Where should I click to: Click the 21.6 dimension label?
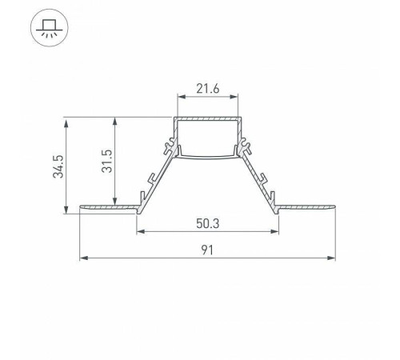[208, 89]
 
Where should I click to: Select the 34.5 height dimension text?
[58, 166]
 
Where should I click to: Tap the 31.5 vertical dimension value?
[107, 161]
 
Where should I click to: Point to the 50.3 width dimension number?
[208, 223]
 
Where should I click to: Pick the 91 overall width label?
[207, 250]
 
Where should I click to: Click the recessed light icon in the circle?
[50, 28]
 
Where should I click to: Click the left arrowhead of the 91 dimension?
[84, 258]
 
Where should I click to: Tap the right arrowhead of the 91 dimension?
[331, 258]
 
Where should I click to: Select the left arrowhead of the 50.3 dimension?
[141, 231]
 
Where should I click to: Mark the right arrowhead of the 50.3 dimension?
[274, 231]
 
